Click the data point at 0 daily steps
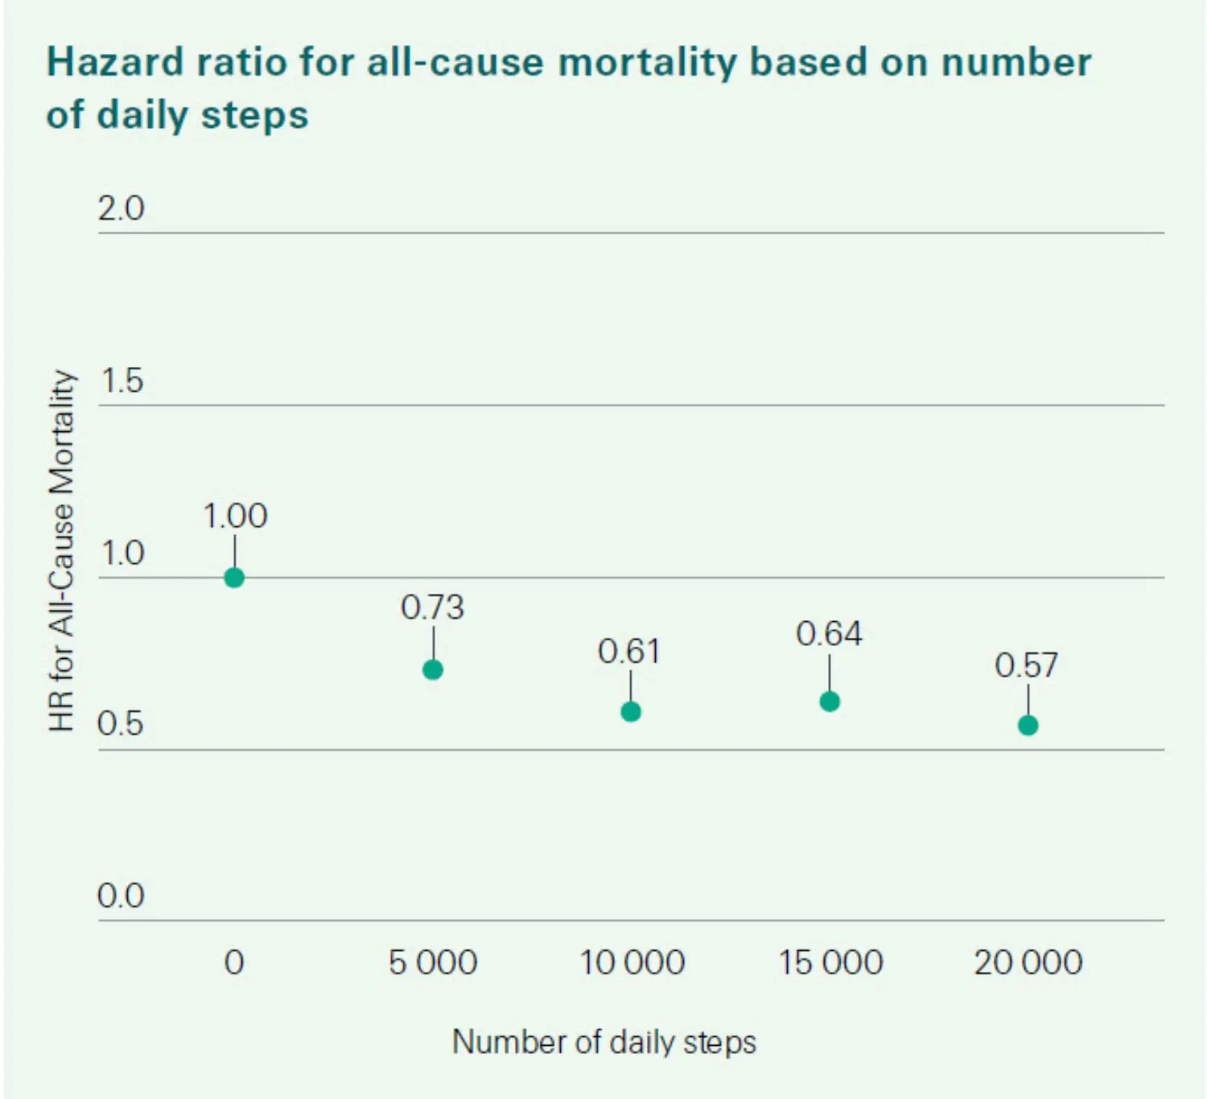234,578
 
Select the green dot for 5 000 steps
433,669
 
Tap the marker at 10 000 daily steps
631,711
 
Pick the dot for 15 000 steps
830,702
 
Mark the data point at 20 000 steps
1028,725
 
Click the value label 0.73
433,607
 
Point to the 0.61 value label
629,651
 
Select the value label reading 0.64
829,634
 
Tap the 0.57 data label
1026,665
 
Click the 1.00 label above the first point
235,516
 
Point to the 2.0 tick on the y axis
121,208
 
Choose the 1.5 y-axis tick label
122,381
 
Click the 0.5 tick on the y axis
120,723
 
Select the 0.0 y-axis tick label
121,895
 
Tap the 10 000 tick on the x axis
632,962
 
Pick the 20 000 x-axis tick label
1028,962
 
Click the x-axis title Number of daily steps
604,1042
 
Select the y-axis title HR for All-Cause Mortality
62,551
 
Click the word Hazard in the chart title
115,63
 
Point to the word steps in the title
254,115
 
